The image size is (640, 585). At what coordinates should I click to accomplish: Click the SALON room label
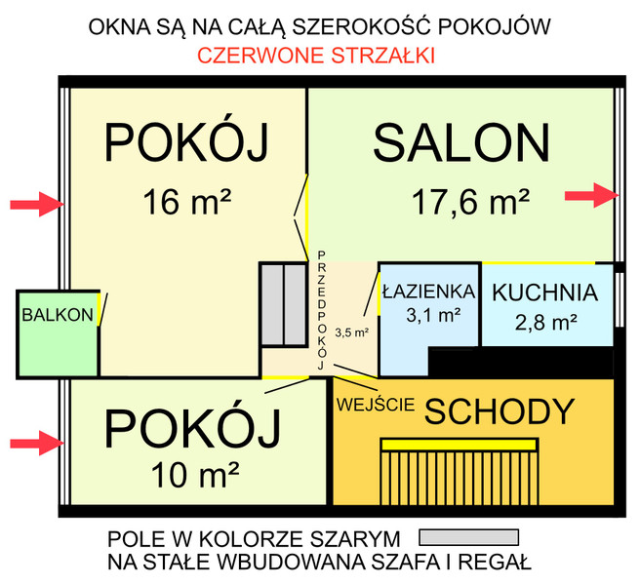461,143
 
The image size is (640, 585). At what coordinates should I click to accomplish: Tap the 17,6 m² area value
470,202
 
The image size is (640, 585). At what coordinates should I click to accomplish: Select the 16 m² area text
187,202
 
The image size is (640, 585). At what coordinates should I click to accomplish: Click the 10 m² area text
195,474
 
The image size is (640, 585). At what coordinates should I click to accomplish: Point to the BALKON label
58,315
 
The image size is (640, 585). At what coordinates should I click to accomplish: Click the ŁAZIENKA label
429,292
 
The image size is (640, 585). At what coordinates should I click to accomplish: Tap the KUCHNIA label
545,292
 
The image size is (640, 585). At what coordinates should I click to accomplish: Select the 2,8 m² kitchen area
545,323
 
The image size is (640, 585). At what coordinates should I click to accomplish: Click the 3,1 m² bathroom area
433,315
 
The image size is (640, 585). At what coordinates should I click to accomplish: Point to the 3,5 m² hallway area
352,332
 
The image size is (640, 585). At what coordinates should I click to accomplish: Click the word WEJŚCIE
376,405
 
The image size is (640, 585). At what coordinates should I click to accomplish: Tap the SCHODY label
500,411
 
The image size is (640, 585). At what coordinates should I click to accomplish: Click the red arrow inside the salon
592,195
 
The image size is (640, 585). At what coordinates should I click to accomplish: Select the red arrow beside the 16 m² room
37,204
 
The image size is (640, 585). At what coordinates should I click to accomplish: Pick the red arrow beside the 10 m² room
37,443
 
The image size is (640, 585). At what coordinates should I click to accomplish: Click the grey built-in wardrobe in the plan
284,305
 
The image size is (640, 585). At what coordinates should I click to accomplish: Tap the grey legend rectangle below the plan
469,537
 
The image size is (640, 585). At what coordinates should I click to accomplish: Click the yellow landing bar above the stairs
460,445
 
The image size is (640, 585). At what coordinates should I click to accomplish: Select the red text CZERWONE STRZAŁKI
316,56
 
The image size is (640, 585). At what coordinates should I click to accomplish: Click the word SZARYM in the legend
355,539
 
